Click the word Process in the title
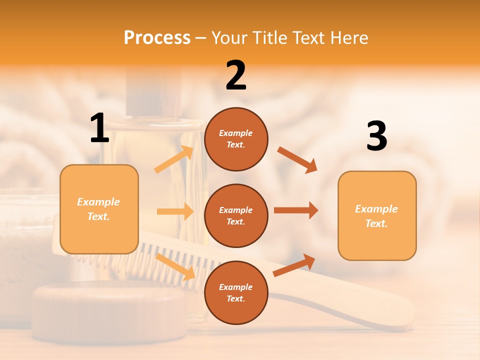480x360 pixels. coord(157,37)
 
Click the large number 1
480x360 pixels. coord(99,128)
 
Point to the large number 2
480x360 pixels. coord(236,75)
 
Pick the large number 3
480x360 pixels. coord(376,136)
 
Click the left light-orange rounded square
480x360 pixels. coord(99,209)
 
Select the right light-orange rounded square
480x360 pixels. coord(377,215)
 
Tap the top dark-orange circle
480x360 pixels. coord(236,139)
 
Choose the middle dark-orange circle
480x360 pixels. coord(236,215)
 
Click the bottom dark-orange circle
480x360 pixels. coord(236,292)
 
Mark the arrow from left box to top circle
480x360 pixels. coord(174,159)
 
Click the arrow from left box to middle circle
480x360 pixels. coord(175,211)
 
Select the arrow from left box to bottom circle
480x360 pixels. coord(175,266)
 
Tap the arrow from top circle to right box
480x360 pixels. coord(297,159)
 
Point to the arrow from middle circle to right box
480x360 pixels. coord(296,210)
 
